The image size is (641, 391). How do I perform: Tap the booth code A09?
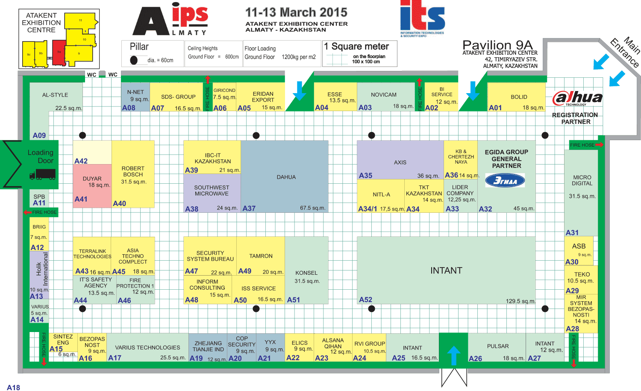(39, 135)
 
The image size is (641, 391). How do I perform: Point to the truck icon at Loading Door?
(42, 174)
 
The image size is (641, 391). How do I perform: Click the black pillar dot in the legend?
(134, 60)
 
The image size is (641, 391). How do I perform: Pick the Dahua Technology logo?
(577, 98)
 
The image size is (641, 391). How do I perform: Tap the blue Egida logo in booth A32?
(505, 181)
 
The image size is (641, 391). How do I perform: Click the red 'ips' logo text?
(190, 17)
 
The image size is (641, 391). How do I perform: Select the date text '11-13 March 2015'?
(296, 12)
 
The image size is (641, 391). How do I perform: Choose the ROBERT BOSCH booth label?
(133, 171)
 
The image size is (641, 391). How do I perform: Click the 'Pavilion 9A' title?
(497, 45)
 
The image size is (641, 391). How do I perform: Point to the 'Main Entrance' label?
(626, 52)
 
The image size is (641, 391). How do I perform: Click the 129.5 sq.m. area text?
(520, 301)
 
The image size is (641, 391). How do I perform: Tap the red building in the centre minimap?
(59, 52)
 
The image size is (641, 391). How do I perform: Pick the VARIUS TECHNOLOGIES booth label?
(147, 347)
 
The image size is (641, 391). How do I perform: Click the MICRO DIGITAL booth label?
(582, 180)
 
